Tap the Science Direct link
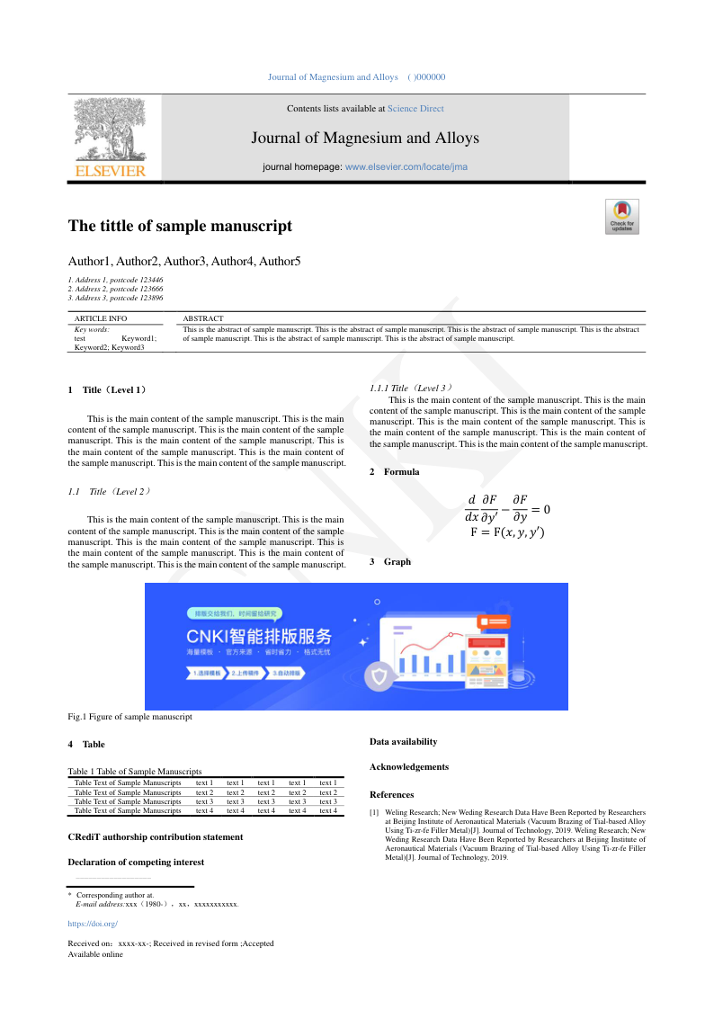(x=415, y=109)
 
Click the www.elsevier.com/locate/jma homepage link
(x=406, y=167)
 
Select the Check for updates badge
(x=621, y=217)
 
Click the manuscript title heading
(x=180, y=227)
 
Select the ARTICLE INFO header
(x=101, y=318)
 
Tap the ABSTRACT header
(x=203, y=318)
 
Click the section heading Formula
(x=401, y=471)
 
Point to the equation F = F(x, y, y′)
(x=507, y=532)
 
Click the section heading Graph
(x=397, y=561)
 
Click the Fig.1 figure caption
(x=130, y=717)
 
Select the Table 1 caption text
(x=135, y=771)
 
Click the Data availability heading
(x=404, y=742)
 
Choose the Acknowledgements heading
(x=409, y=767)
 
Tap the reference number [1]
(x=374, y=812)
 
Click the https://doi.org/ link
(x=93, y=924)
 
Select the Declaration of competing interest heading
(x=136, y=862)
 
